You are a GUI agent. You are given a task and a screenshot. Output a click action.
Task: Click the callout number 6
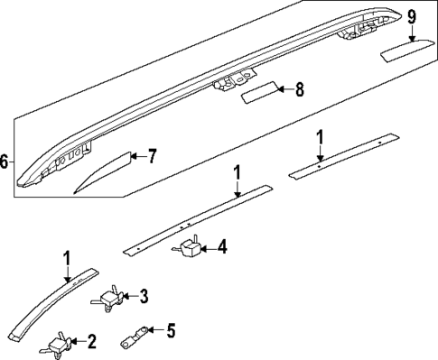(6, 162)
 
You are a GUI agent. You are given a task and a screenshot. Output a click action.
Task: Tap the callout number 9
(412, 16)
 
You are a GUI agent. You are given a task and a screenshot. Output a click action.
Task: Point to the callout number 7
(152, 156)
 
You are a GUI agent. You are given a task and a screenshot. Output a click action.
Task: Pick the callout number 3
(144, 295)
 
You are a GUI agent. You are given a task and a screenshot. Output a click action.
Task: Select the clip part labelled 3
(112, 297)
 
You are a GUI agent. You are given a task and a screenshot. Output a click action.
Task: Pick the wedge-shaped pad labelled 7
(103, 171)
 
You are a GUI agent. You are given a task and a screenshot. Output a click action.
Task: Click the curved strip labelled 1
(54, 302)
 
